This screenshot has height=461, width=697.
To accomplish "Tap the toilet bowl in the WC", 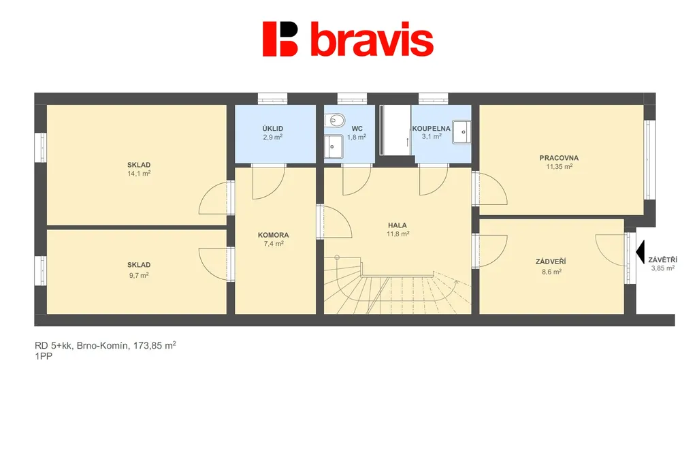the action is [x=335, y=121].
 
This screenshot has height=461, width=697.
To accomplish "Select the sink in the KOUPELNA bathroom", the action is [x=462, y=132].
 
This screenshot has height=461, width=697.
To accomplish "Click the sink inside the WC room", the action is [x=334, y=146].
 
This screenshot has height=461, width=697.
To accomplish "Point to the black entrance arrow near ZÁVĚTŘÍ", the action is [x=640, y=252].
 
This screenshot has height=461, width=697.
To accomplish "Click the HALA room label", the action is [x=398, y=225].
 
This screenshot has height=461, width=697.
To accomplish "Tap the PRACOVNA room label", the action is [x=559, y=158].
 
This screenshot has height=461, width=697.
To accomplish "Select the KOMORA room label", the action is [x=274, y=235].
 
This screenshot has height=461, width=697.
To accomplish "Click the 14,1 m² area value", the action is [x=139, y=174].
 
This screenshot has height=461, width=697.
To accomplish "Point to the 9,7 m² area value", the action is [x=139, y=275].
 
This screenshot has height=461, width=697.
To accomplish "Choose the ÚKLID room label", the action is [x=272, y=129].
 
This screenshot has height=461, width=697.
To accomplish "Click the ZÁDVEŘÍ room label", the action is [x=551, y=262].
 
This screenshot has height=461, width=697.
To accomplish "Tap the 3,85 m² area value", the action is [x=663, y=268].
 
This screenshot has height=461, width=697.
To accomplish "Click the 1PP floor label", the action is [x=44, y=356].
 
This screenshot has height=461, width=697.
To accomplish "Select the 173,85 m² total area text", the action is [x=155, y=345].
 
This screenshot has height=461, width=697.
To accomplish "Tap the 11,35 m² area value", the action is [x=560, y=167].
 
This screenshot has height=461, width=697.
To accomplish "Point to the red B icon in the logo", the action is [x=280, y=39].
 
